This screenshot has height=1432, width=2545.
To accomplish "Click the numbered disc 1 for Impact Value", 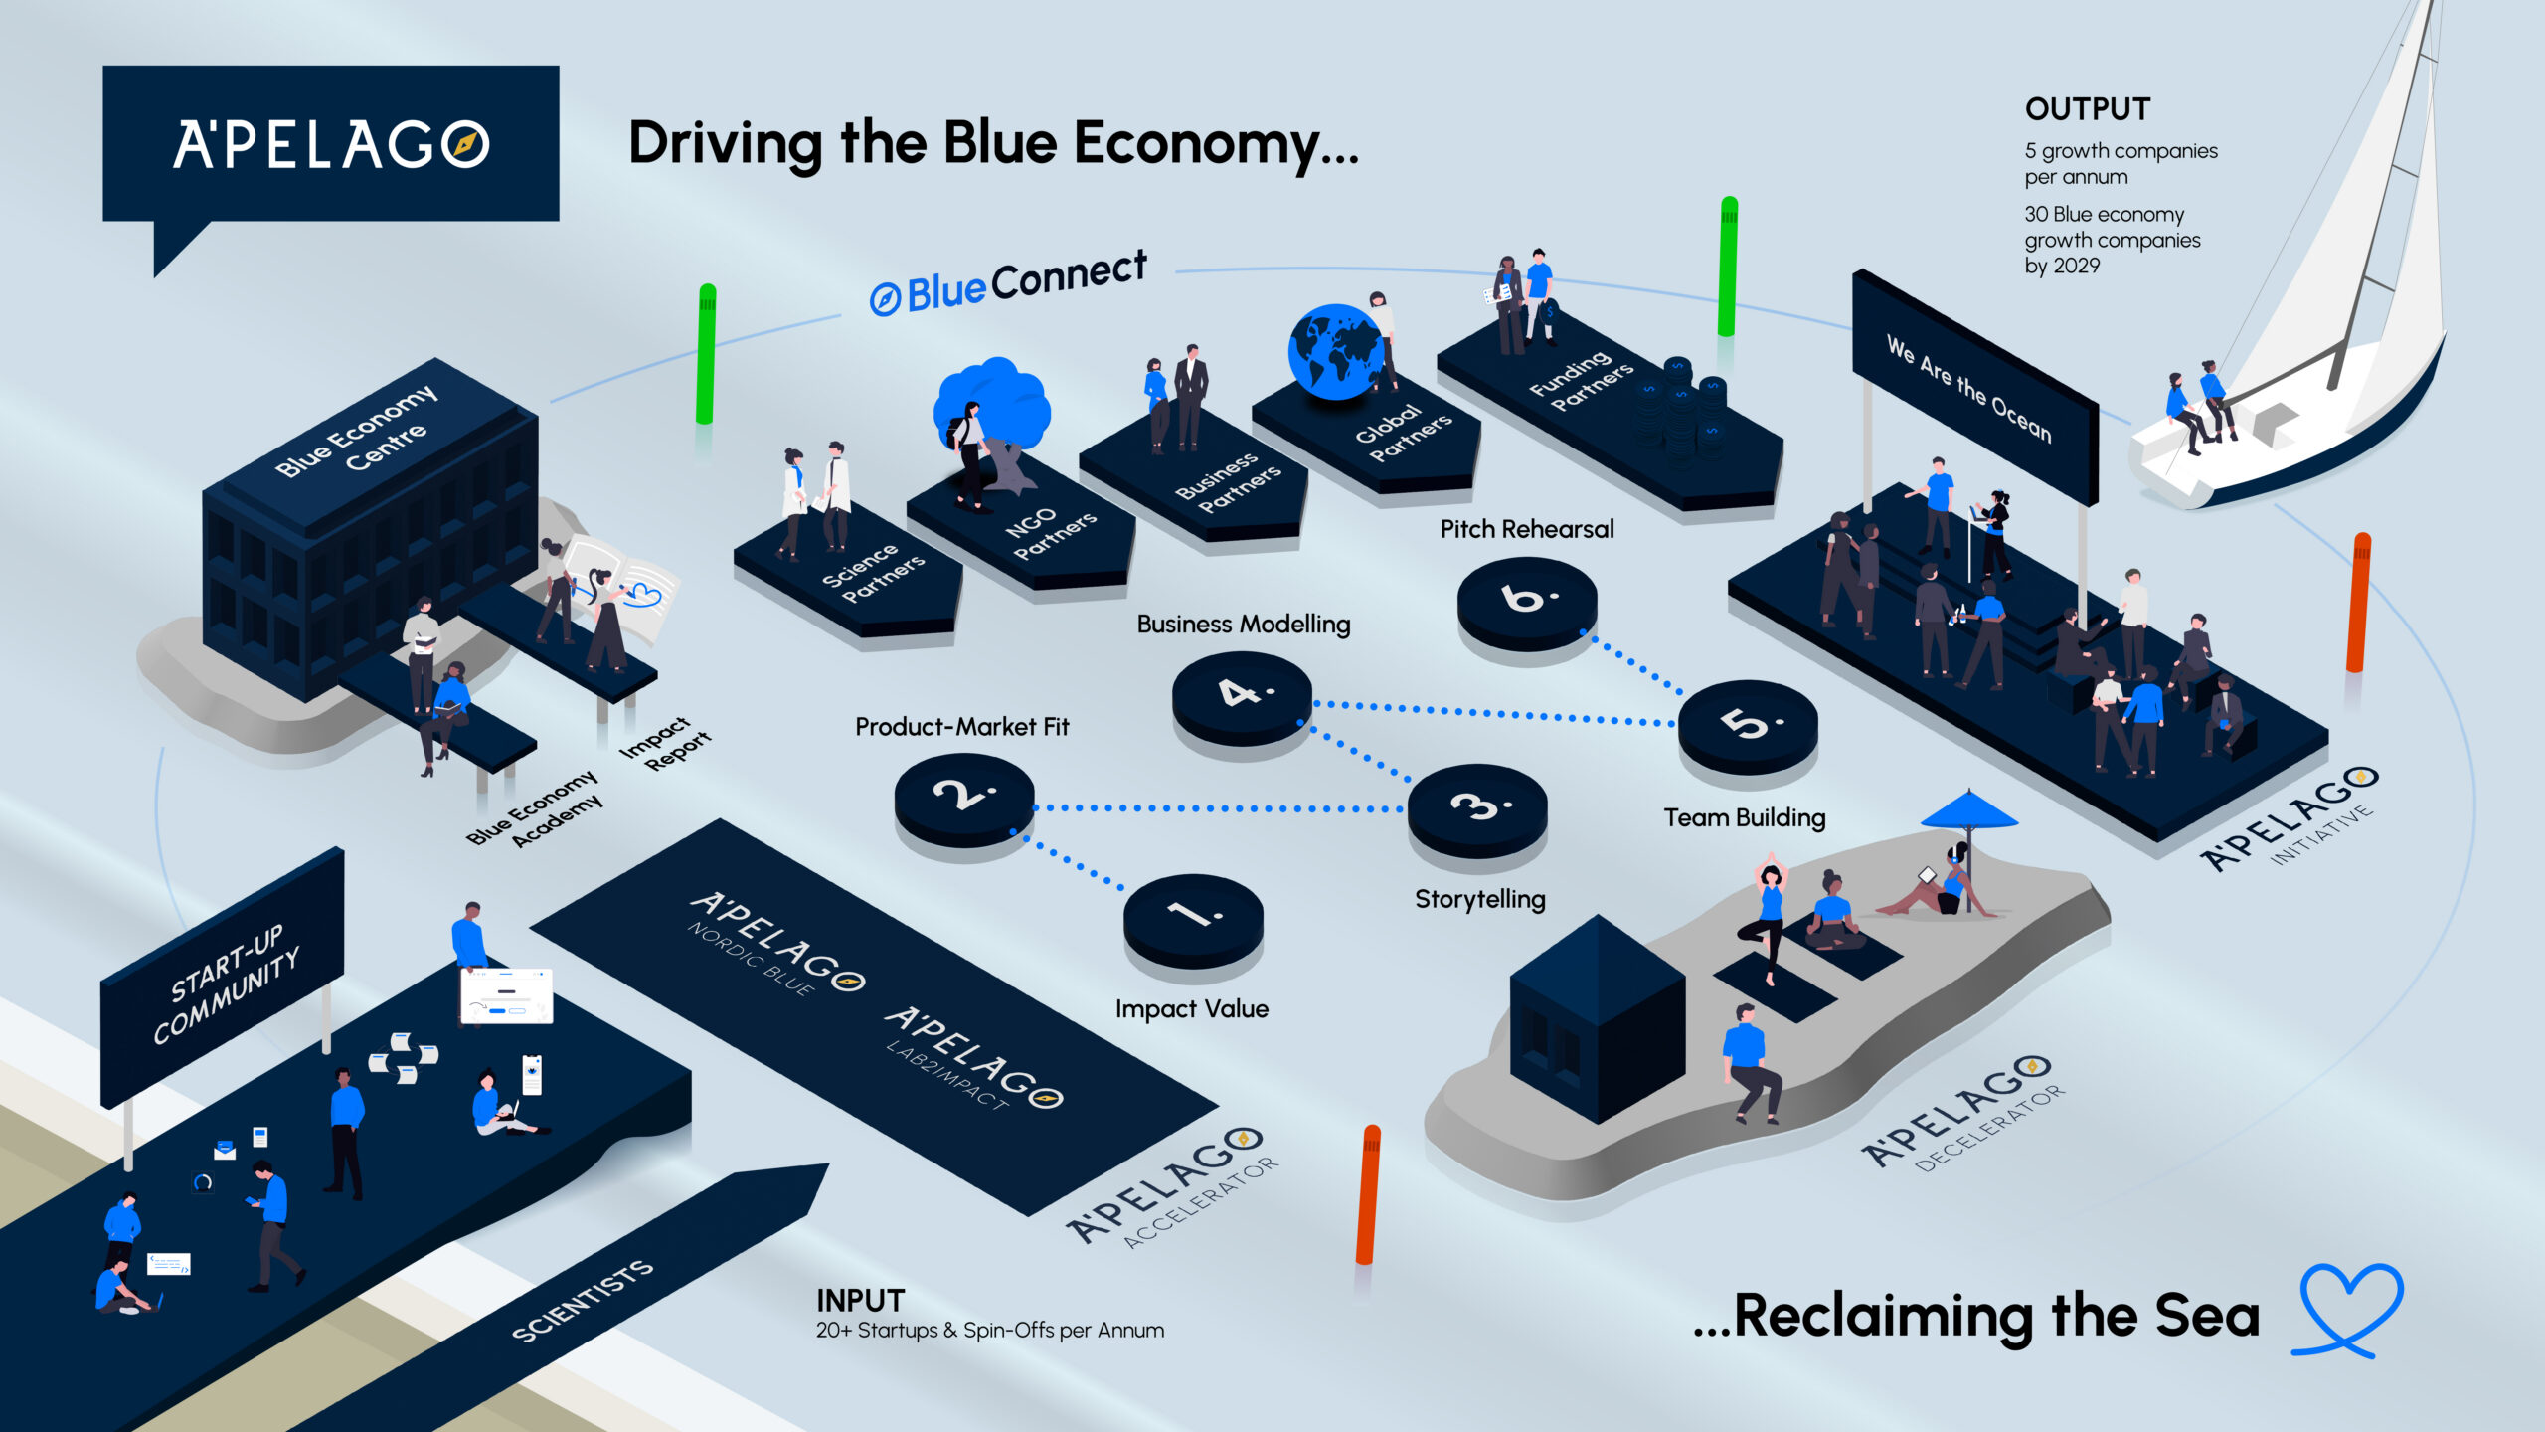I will click(x=1193, y=916).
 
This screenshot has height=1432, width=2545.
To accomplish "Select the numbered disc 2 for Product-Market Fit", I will click(x=963, y=796).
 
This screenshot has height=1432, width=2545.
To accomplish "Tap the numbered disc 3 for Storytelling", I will click(x=1477, y=805).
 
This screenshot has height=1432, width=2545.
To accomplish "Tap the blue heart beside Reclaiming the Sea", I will click(x=2348, y=1309).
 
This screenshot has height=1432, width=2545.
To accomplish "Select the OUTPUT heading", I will click(x=2088, y=109).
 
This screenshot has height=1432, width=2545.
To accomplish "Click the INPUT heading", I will click(x=860, y=1301).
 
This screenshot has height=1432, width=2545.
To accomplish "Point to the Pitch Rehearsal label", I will click(x=1527, y=529).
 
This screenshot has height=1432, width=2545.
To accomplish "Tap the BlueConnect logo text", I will click(x=1009, y=282).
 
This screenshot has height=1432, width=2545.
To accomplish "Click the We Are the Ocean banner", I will click(x=1973, y=388).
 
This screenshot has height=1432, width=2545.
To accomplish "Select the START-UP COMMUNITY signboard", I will click(x=224, y=980).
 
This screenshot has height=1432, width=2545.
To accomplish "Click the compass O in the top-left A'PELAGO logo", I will click(x=465, y=144).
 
